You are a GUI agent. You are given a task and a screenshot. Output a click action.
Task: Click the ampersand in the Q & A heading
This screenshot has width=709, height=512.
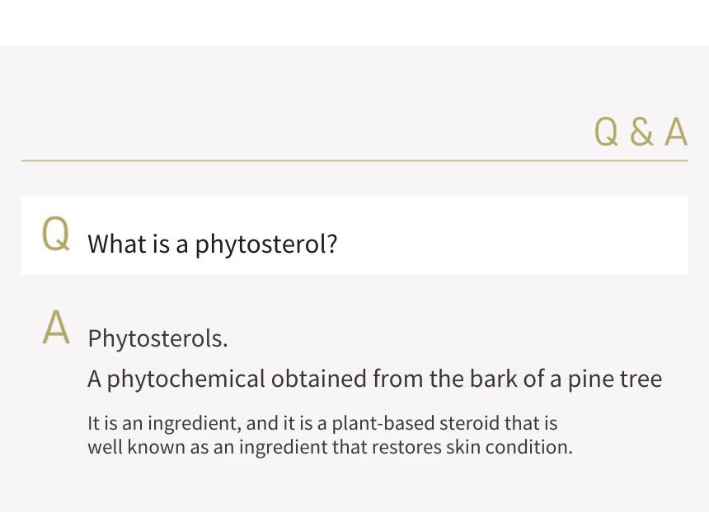641,132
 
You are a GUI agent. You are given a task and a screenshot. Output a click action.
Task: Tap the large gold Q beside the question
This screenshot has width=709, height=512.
55,234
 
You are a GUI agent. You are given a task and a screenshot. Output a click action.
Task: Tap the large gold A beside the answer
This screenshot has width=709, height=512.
56,328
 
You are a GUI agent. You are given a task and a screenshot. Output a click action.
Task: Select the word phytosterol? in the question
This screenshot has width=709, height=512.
265,245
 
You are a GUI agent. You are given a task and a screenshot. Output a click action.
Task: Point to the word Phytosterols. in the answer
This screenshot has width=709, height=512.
157,338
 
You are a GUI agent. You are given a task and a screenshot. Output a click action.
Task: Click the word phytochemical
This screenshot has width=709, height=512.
185,379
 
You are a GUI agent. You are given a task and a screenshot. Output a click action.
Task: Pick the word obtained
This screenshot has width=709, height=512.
319,379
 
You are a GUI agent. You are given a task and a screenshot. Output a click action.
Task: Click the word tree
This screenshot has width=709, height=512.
641,379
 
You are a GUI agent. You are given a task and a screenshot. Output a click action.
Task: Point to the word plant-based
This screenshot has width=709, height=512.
383,423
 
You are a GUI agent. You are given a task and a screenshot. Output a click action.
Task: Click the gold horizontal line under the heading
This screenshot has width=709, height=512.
354,161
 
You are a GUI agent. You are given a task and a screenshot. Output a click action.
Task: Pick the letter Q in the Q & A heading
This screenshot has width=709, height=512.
606,132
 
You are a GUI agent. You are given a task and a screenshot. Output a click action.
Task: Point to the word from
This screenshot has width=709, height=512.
398,379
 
